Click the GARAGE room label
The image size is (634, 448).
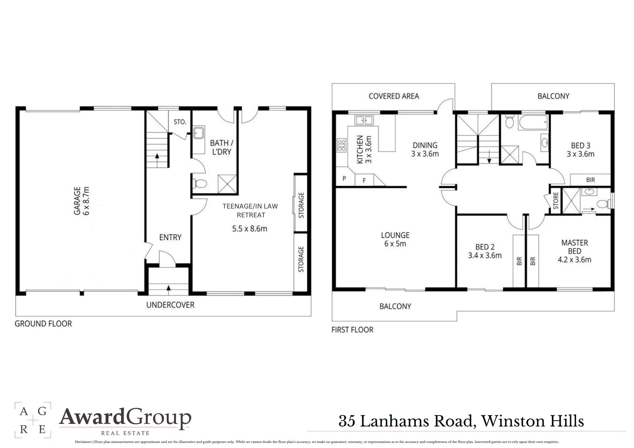coord(77,201)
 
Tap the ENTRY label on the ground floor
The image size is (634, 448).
coord(170,237)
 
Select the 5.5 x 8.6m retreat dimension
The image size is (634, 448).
coord(249,229)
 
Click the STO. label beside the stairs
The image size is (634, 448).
coord(180,122)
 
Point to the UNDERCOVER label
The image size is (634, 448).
coord(170,305)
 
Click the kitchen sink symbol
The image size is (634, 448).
coord(364,120)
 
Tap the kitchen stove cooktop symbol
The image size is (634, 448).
coord(341,145)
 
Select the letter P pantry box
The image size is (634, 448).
coord(344,179)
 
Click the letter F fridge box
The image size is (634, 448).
coord(364,180)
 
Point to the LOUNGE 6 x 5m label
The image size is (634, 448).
coord(395,239)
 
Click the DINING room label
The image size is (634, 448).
coord(425,145)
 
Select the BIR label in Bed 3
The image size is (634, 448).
coord(590,180)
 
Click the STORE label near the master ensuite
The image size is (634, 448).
coord(555,201)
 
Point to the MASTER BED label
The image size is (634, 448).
coord(574,247)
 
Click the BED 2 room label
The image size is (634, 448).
coord(485,247)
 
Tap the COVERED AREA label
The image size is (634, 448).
coord(393,96)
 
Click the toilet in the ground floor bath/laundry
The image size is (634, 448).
coord(200,183)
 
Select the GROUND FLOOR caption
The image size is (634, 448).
coord(43,324)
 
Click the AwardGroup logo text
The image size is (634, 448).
coord(125,418)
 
